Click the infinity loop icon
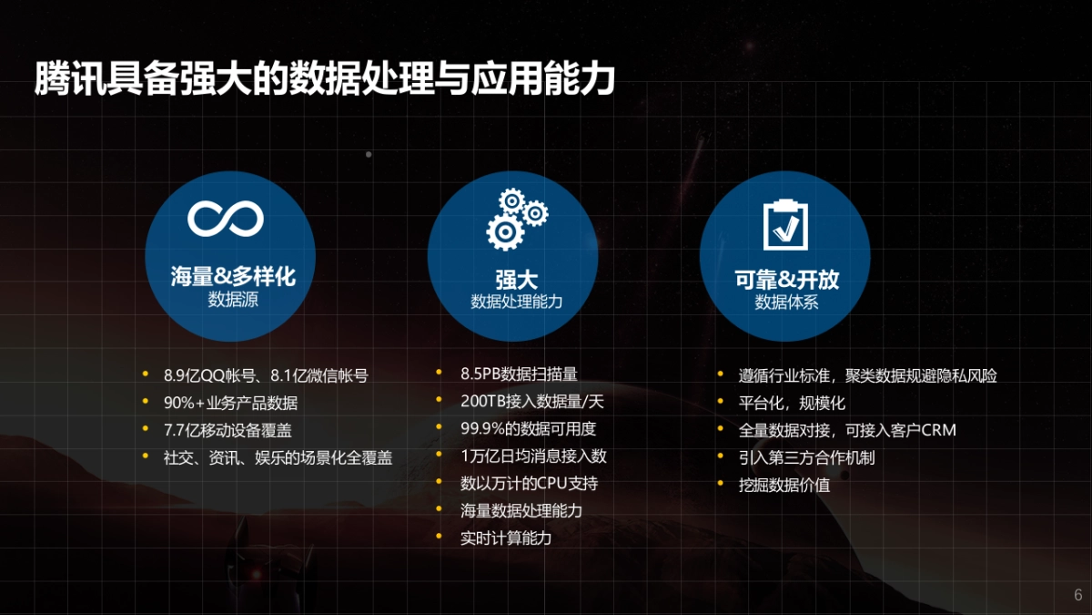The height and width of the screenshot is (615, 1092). (226, 218)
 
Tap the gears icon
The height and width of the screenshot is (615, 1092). (517, 220)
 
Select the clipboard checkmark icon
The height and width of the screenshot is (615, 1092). (784, 222)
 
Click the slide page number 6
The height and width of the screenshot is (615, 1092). (1078, 595)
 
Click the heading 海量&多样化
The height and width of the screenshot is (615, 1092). (233, 276)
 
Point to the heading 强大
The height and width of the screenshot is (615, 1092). (517, 279)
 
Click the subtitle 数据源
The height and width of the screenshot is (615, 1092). (233, 300)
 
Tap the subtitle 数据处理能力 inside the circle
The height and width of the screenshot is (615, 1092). (517, 302)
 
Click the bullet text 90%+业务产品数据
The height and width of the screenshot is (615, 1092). (230, 402)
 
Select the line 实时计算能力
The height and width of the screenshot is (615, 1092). (506, 538)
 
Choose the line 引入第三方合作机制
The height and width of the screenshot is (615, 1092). (806, 457)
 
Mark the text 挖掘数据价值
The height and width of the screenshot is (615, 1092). (784, 485)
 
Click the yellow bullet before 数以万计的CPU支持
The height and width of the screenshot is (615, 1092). (439, 482)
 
